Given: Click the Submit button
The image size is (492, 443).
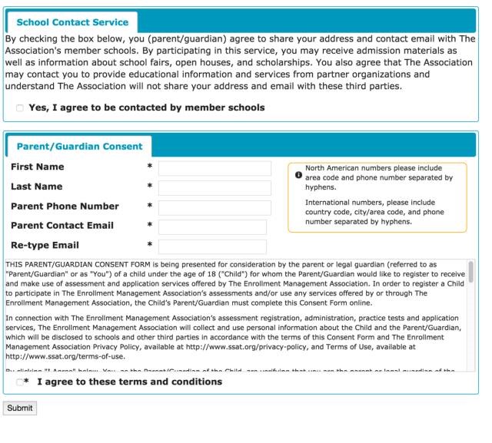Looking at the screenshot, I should click(19, 408).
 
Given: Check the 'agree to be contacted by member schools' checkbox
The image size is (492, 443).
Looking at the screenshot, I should click(20, 108).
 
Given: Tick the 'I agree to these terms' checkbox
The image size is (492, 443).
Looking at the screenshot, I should click(20, 382).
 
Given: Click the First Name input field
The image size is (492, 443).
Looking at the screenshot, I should click(214, 168).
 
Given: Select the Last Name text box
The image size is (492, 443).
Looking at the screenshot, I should click(214, 188).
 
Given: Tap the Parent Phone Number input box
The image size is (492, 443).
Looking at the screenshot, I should click(214, 208).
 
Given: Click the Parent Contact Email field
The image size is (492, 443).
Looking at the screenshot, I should click(212, 227).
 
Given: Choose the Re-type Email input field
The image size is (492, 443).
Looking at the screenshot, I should click(212, 246).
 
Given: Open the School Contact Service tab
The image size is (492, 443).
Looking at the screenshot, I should click(71, 23).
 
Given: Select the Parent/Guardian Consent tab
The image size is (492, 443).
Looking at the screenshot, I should click(79, 147).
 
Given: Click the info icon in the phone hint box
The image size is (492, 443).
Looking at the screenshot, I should click(298, 175).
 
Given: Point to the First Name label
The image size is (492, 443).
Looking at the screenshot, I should click(38, 167).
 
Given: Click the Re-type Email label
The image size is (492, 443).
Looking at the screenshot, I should click(45, 246).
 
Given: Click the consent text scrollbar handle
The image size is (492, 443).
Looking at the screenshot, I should click(470, 272).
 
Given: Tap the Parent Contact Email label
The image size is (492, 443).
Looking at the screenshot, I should click(62, 226).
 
